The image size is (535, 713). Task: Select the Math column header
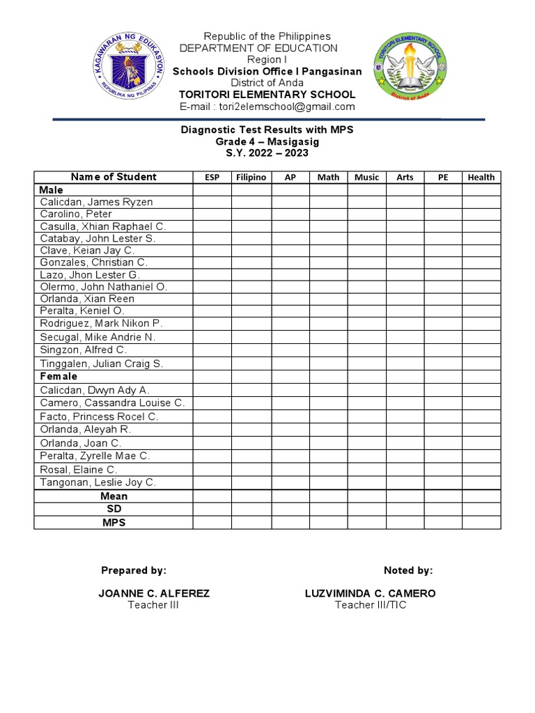coord(328,177)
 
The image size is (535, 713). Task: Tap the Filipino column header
coord(251,177)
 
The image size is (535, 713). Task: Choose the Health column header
coord(481,177)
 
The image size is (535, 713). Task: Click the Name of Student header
coord(114,177)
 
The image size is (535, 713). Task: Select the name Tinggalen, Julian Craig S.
coord(101,363)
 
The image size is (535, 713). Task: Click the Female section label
coord(59,376)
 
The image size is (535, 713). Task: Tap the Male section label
coord(52,189)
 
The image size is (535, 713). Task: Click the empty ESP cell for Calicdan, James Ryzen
coord(212,202)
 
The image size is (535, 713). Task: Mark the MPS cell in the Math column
coord(328,522)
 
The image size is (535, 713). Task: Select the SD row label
coord(114,509)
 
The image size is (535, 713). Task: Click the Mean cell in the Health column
coord(481,496)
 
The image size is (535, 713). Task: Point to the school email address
coord(267,107)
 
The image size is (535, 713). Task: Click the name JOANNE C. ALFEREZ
coord(155,593)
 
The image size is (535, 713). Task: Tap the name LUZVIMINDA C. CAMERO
coord(370,593)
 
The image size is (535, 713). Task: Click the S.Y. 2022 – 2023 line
coord(267,153)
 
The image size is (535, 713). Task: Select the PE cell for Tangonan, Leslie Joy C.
coord(442,483)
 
